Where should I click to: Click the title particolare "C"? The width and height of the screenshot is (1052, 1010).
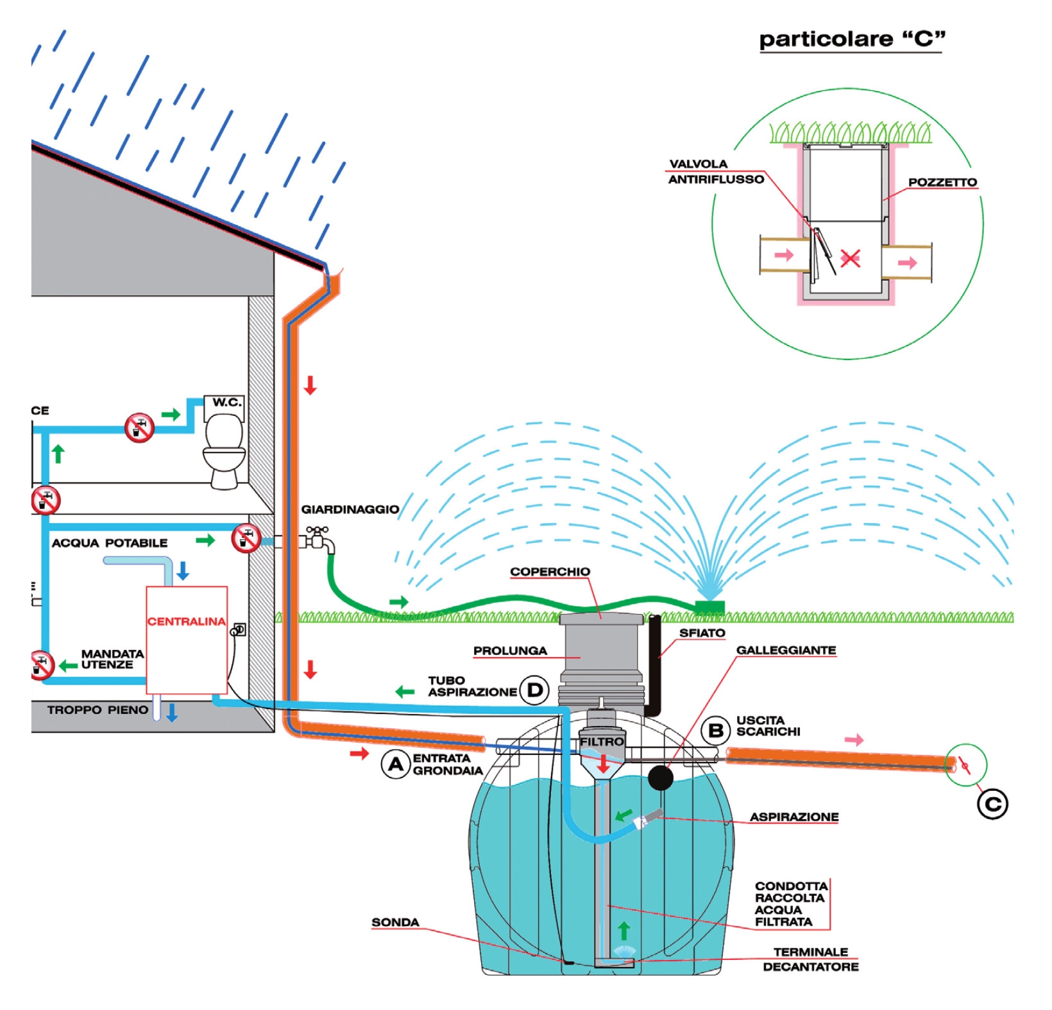(851, 39)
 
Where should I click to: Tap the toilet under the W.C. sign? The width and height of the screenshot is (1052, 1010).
(224, 449)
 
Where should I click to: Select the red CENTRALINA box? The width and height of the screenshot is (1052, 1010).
(187, 640)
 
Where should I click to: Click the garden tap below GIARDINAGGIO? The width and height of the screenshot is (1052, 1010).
(319, 540)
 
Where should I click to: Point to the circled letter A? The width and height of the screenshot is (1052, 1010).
(396, 764)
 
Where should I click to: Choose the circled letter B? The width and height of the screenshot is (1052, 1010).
(716, 730)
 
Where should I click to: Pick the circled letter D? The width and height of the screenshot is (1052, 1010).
(534, 690)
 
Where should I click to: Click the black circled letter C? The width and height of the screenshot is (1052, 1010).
(992, 804)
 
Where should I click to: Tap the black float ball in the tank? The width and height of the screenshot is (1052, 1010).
(661, 778)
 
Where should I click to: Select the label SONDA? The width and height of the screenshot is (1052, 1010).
(395, 922)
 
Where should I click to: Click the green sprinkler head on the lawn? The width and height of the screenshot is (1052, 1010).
(710, 606)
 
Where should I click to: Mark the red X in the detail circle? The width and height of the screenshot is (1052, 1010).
(850, 259)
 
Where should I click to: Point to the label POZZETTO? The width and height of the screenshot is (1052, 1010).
(942, 183)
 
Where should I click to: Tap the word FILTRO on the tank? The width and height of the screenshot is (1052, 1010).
(602, 741)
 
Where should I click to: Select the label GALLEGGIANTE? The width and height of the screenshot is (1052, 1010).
(786, 650)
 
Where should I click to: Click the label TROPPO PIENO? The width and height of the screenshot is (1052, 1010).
(98, 710)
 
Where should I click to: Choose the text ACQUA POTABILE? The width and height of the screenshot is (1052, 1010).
(110, 543)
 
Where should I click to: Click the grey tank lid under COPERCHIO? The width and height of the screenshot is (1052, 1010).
(601, 619)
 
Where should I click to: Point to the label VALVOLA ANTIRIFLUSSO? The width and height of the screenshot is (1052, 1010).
(716, 172)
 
